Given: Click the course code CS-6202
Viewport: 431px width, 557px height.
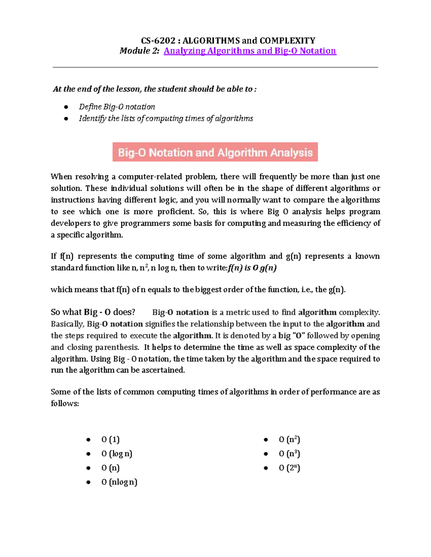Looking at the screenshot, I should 158,41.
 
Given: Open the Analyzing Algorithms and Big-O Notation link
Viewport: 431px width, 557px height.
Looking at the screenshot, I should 250,51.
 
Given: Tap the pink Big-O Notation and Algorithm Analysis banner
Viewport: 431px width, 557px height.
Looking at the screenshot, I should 215,152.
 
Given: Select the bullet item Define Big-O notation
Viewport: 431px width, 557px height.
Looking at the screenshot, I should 117,107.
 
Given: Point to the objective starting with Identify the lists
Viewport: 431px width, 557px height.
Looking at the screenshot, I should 166,118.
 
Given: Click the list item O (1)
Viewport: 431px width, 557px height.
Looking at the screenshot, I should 110,439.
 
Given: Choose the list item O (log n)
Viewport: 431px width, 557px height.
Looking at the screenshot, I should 116,454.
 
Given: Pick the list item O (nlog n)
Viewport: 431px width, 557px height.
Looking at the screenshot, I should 119,482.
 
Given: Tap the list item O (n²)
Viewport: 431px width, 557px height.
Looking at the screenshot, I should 289,439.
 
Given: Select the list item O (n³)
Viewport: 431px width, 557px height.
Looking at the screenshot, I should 289,454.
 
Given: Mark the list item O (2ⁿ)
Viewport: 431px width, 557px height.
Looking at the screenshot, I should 289,468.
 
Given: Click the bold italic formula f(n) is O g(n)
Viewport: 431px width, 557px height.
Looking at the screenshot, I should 252,268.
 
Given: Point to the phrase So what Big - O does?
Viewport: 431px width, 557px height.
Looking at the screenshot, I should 93,312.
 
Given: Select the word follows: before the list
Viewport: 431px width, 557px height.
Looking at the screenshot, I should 65,403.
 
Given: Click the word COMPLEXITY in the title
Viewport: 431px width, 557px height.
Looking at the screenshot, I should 287,41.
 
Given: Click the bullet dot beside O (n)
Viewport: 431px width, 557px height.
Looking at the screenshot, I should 88,468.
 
